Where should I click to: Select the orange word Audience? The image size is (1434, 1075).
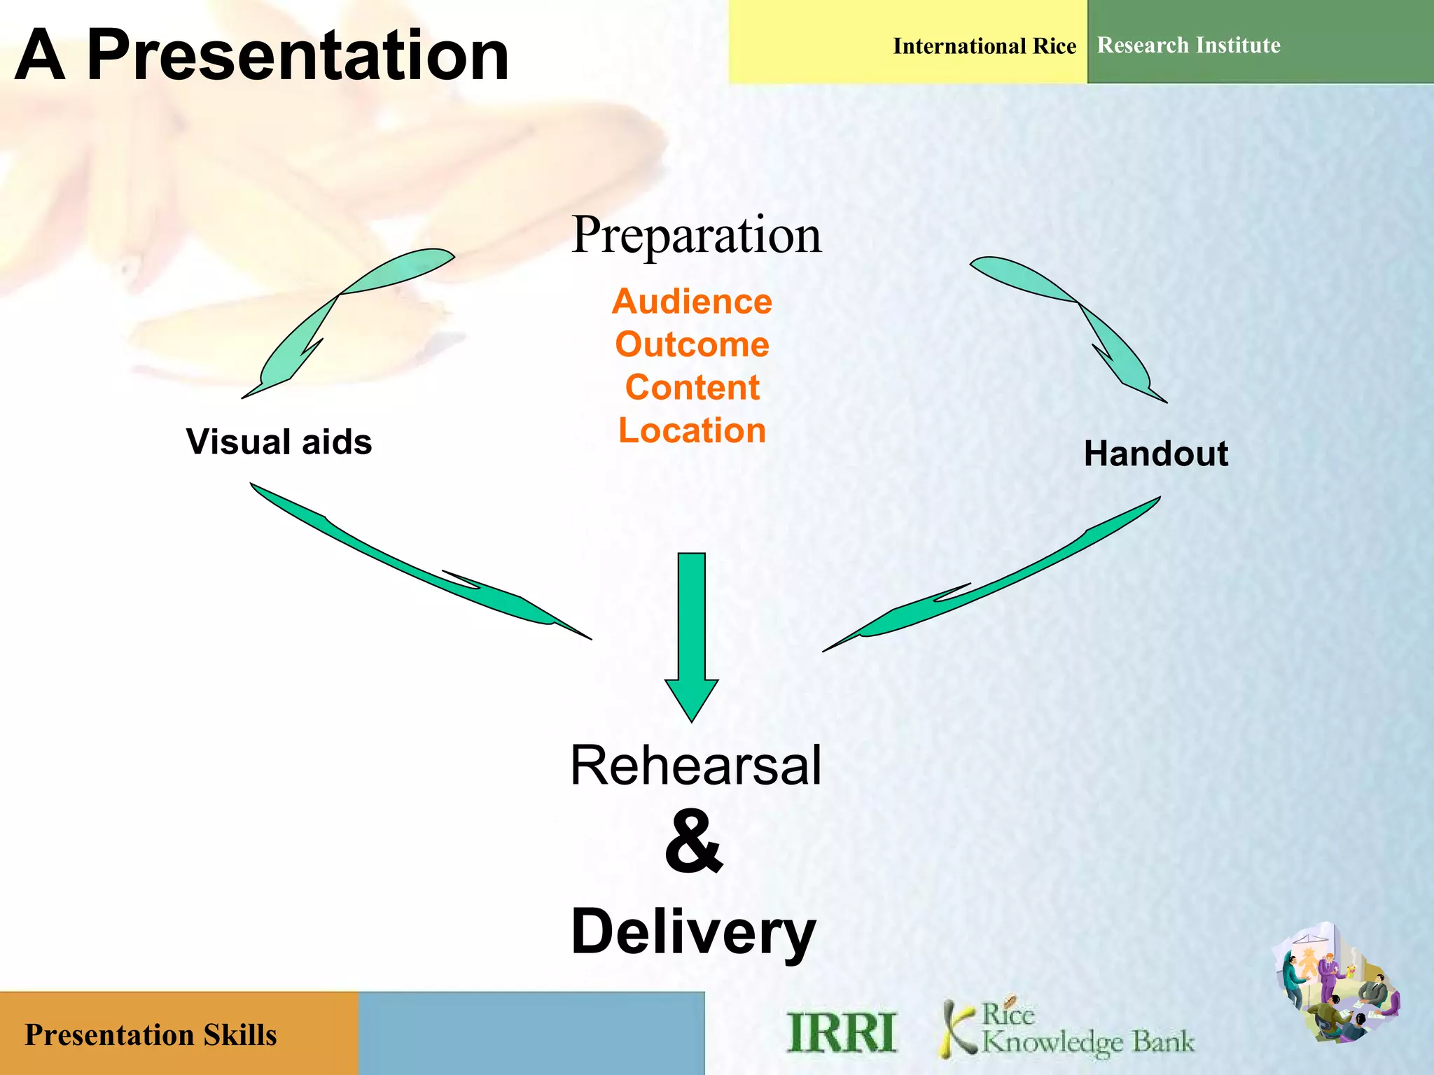[692, 302]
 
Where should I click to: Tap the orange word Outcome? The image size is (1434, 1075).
[692, 344]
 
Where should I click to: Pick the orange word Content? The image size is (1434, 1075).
[692, 388]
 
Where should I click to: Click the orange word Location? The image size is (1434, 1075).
[692, 430]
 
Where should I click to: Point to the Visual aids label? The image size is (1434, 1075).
[279, 442]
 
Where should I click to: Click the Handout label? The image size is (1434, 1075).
[1155, 454]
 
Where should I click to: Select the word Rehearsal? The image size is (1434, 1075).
[695, 766]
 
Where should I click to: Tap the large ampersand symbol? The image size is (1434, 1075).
[692, 842]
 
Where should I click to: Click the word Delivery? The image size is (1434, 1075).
[693, 932]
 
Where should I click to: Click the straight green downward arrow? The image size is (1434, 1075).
[691, 630]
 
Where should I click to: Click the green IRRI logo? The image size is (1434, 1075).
[841, 1032]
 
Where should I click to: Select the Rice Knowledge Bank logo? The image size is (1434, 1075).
[1068, 1029]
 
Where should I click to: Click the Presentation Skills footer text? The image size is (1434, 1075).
[151, 1035]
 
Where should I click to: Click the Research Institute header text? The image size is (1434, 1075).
[1188, 45]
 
